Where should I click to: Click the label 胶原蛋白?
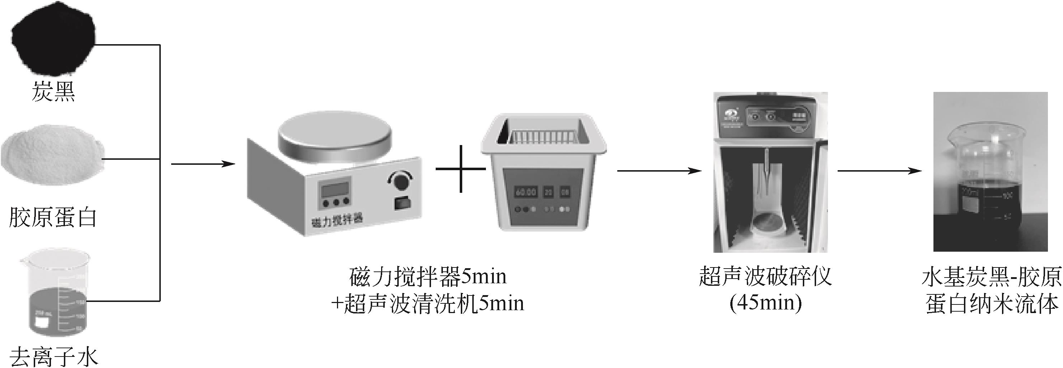tap(53, 218)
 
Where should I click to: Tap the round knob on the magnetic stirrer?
tap(400, 181)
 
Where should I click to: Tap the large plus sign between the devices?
tap(460, 168)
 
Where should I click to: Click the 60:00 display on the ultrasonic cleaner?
tap(525, 192)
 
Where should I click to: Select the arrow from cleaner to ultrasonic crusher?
tap(659, 171)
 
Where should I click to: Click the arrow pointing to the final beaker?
tap(879, 171)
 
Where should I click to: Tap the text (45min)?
tap(765, 303)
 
